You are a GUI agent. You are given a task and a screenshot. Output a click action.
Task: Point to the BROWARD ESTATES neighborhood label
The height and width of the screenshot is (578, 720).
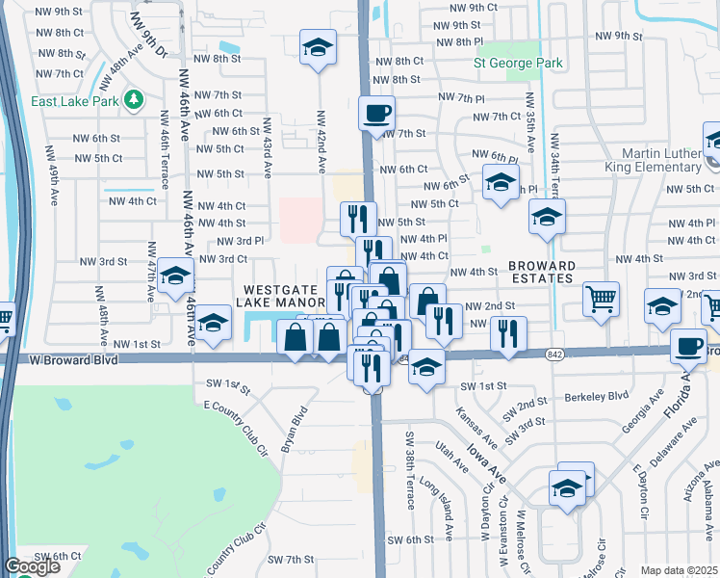543,272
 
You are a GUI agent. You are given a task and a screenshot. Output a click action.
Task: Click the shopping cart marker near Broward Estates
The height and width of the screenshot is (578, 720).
602,299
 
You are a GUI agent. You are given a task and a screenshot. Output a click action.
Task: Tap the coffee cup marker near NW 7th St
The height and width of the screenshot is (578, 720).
376,113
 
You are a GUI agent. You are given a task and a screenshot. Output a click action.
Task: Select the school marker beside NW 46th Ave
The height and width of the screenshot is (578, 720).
176,277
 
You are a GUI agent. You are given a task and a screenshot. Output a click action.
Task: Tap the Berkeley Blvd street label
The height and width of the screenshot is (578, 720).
596,395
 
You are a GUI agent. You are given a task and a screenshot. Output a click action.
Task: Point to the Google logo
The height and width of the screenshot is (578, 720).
32,566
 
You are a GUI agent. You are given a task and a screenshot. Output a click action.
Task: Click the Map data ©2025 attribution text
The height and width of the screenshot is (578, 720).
678,570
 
